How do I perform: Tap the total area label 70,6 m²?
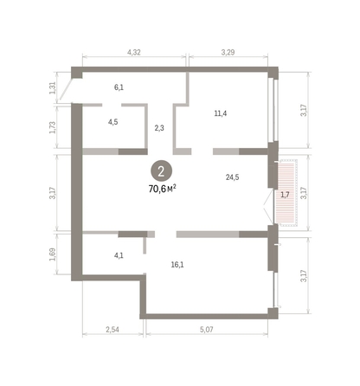click(x=164, y=187)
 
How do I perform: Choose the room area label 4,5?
click(x=112, y=122)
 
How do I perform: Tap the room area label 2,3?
click(x=159, y=128)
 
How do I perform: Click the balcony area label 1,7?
click(x=285, y=195)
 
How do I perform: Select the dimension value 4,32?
click(x=134, y=53)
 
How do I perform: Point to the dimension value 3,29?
click(x=228, y=53)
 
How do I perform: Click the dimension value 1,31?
click(x=53, y=87)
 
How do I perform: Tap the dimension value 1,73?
click(x=53, y=126)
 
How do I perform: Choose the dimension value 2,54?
click(x=112, y=330)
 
